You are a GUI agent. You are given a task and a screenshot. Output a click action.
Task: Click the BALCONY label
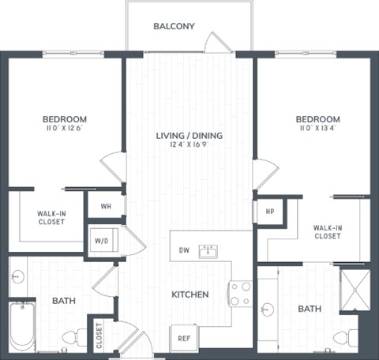tap(173, 26)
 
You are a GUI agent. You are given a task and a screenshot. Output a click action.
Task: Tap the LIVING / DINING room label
tap(189, 135)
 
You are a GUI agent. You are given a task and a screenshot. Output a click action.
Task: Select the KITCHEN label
tap(189, 294)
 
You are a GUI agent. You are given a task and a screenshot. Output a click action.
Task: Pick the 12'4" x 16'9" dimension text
tap(189, 145)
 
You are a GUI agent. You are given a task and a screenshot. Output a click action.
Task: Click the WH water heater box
tap(104, 206)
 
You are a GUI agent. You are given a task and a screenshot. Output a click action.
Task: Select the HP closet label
tap(268, 211)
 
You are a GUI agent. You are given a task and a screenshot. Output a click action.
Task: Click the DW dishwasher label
tap(183, 250)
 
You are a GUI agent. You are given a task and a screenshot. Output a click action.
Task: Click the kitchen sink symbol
tap(208, 251)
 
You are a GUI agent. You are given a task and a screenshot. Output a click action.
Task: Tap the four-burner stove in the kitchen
tap(240, 294)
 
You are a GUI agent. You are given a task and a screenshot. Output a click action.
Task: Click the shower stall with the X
tap(354, 286)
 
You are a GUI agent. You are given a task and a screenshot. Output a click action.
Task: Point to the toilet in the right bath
tap(342, 337)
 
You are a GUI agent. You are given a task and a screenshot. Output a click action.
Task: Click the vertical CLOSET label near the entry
tap(99, 335)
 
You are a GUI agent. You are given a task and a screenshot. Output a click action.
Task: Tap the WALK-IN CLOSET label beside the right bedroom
tap(327, 231)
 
